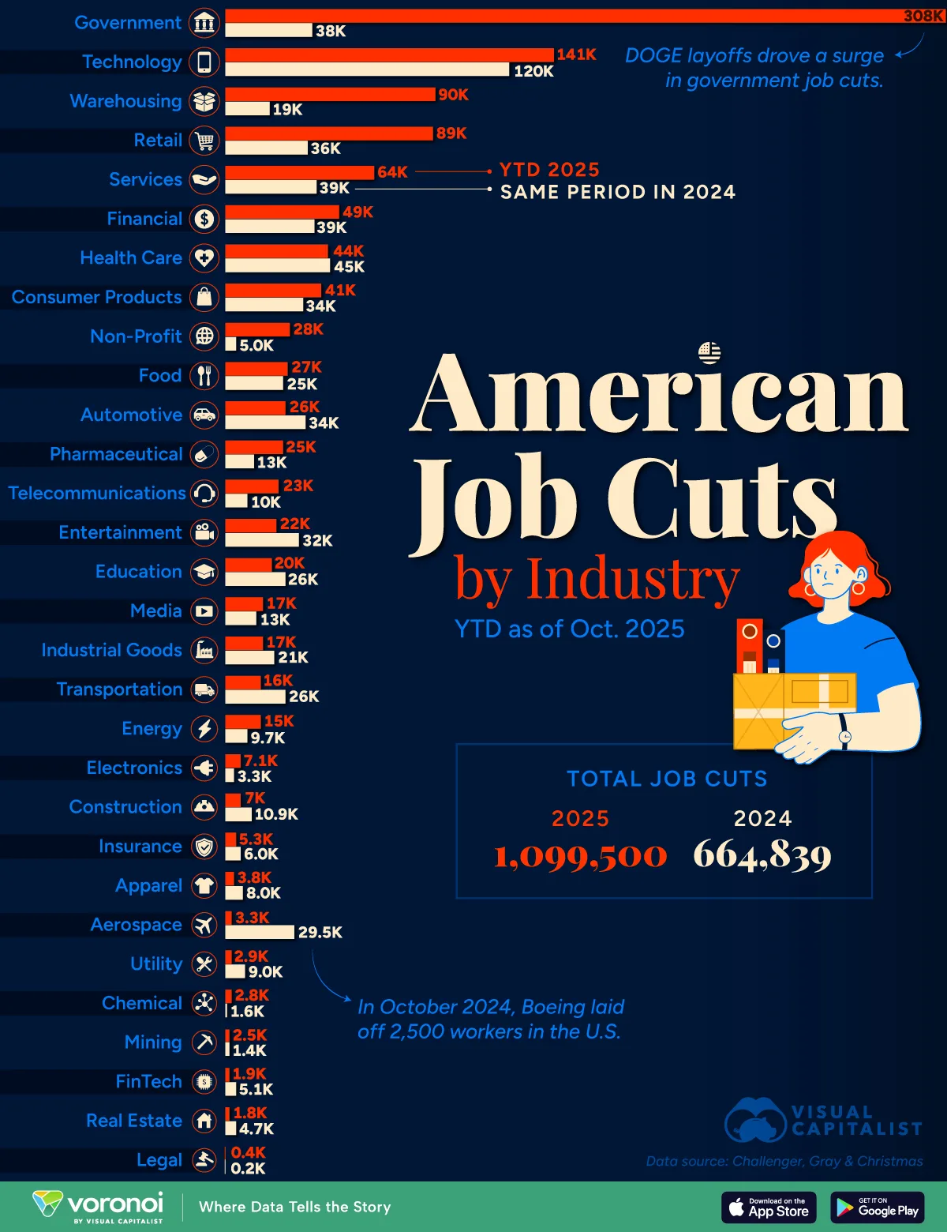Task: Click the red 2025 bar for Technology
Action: [389, 54]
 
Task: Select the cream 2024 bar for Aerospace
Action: [260, 932]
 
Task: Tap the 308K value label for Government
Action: [923, 16]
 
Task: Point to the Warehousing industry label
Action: [125, 101]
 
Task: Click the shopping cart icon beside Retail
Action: [204, 141]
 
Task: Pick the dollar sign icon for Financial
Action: [204, 219]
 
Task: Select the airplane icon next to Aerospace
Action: [204, 925]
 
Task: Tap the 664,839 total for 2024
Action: [762, 855]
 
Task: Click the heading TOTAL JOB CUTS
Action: [667, 779]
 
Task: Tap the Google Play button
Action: [877, 1207]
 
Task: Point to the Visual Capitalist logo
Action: [823, 1120]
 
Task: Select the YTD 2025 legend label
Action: [549, 170]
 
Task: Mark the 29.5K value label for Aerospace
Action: [320, 933]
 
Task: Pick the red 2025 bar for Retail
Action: [329, 133]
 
